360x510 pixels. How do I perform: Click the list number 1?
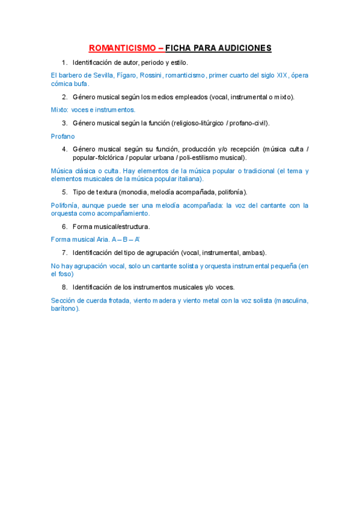(64, 63)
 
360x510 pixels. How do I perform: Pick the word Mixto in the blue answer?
(59, 109)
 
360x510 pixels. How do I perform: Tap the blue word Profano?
(63, 137)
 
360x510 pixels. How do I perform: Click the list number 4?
(64, 149)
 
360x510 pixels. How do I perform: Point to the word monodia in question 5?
(135, 192)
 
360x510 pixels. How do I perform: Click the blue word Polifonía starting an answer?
(64, 205)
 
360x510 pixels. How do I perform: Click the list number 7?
(64, 253)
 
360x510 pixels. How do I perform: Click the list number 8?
(64, 287)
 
